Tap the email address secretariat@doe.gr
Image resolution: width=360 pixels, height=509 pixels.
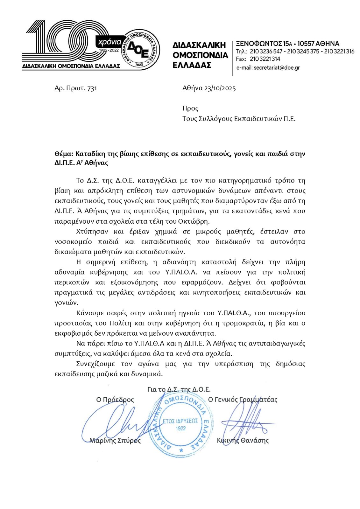pyautogui.click(x=277, y=67)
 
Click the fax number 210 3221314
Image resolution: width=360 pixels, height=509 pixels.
pyautogui.click(x=265, y=59)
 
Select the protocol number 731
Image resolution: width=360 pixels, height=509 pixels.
pyautogui.click(x=92, y=88)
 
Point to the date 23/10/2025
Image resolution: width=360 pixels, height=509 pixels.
pyautogui.click(x=220, y=88)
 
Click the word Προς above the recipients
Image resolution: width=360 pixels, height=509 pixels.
pyautogui.click(x=190, y=108)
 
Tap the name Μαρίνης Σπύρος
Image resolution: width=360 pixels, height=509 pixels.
pyautogui.click(x=115, y=441)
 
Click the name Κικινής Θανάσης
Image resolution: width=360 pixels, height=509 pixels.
pyautogui.click(x=243, y=441)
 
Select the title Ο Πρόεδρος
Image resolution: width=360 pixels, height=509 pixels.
pyautogui.click(x=115, y=400)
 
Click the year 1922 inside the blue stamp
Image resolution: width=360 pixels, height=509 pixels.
pyautogui.click(x=180, y=428)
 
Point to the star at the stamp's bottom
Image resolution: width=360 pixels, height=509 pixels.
pyautogui.click(x=181, y=450)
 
